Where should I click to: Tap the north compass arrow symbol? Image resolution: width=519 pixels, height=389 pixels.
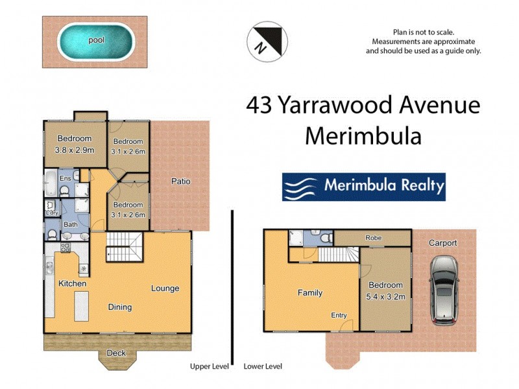(x=266, y=41)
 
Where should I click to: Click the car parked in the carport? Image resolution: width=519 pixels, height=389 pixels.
(x=443, y=290)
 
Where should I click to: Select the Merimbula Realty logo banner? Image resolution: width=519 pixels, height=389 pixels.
(x=364, y=187)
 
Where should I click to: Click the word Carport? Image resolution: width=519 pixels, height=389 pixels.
(x=442, y=243)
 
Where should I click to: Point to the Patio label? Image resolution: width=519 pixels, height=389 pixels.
(x=180, y=182)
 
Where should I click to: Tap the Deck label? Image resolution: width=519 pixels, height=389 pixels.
(x=116, y=353)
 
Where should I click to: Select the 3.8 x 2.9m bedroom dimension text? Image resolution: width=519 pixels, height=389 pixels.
(x=75, y=150)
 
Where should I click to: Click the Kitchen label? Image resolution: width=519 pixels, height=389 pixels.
(x=72, y=284)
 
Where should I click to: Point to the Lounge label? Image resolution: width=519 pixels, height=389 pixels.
(x=165, y=289)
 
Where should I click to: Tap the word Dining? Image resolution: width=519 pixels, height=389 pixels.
(x=119, y=307)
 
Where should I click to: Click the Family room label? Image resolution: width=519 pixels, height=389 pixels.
(x=309, y=293)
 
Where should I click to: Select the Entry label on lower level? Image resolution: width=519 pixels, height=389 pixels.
(x=339, y=316)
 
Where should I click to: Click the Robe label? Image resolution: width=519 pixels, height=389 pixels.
(x=373, y=238)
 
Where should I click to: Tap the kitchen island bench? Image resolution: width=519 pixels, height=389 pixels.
(x=81, y=306)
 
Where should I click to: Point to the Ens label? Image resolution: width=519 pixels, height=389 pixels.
(x=65, y=178)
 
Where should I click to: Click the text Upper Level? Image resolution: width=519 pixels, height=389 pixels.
(x=209, y=366)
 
